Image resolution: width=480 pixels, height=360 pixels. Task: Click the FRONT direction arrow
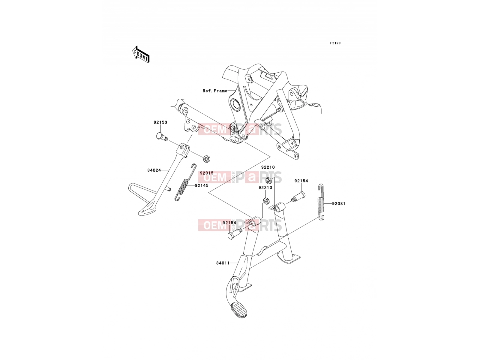(141, 55)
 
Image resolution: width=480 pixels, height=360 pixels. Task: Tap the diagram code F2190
(335, 43)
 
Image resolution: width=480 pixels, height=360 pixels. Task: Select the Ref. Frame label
(215, 91)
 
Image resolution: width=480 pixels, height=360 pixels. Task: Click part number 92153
(160, 122)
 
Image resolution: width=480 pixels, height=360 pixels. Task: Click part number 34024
(154, 170)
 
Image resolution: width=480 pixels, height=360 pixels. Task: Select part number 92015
(207, 173)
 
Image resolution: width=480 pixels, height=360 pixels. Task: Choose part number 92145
(201, 186)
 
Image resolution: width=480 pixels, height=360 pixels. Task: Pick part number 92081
(339, 204)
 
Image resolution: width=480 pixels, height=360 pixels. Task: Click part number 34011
(223, 263)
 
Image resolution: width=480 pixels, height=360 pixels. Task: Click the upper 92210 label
(268, 167)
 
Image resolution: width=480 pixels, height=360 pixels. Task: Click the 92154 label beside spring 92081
(301, 181)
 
